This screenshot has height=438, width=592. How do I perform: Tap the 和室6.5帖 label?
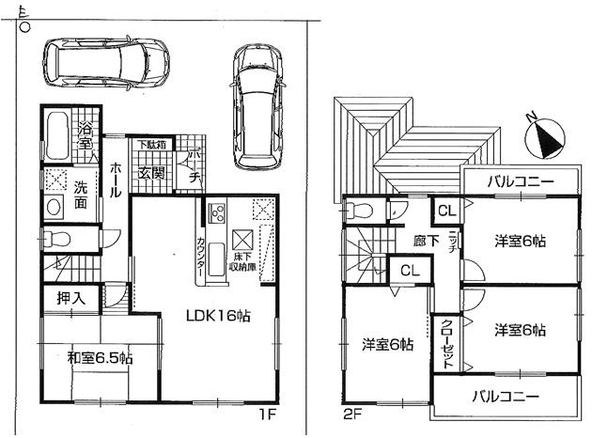coord(100,358)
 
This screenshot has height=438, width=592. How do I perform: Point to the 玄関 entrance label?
coord(151,173)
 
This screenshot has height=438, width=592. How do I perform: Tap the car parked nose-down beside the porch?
coord(257,106)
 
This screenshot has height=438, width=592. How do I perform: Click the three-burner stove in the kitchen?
coord(214,211)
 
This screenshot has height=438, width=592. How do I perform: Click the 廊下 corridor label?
coord(425,242)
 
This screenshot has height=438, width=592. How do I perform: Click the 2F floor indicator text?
coord(351,413)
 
